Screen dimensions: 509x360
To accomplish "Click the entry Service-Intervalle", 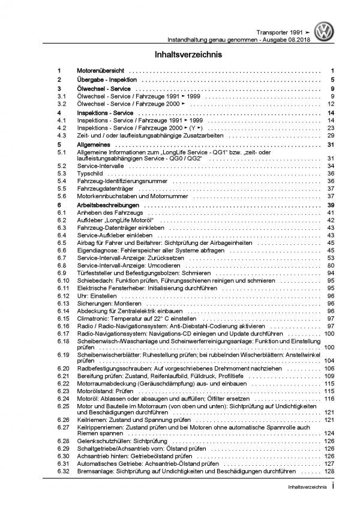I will point(100,165).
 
